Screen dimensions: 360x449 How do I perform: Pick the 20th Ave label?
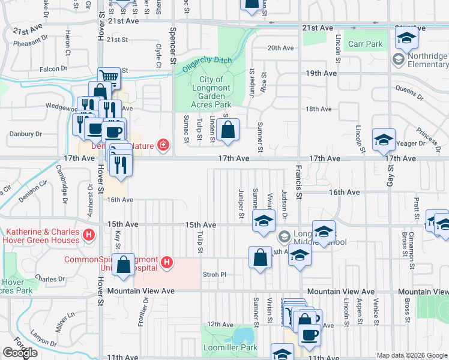(x=282, y=48)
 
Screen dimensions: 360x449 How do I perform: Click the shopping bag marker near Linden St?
(x=228, y=129)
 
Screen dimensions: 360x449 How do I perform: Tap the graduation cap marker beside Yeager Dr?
(x=384, y=140)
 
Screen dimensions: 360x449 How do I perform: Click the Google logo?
(x=20, y=353)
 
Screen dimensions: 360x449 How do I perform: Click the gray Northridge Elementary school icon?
(x=397, y=59)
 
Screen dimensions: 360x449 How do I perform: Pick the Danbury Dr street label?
(x=25, y=134)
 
